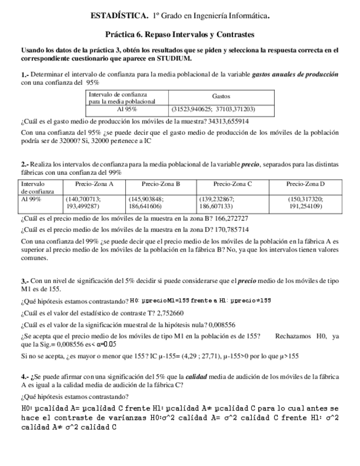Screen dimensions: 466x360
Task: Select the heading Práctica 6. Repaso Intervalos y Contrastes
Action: coord(180,35)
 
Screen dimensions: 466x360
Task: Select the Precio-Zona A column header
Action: coord(94,184)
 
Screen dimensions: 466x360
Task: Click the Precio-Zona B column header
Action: coord(160,184)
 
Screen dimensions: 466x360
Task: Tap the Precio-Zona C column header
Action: coord(232,184)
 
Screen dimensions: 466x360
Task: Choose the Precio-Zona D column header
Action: coord(305,184)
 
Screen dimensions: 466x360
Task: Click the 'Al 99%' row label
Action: coord(31,199)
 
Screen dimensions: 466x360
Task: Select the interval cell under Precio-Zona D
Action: coord(305,202)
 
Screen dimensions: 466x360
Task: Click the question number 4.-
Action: coord(25,376)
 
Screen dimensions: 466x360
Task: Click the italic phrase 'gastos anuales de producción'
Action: coord(295,74)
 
